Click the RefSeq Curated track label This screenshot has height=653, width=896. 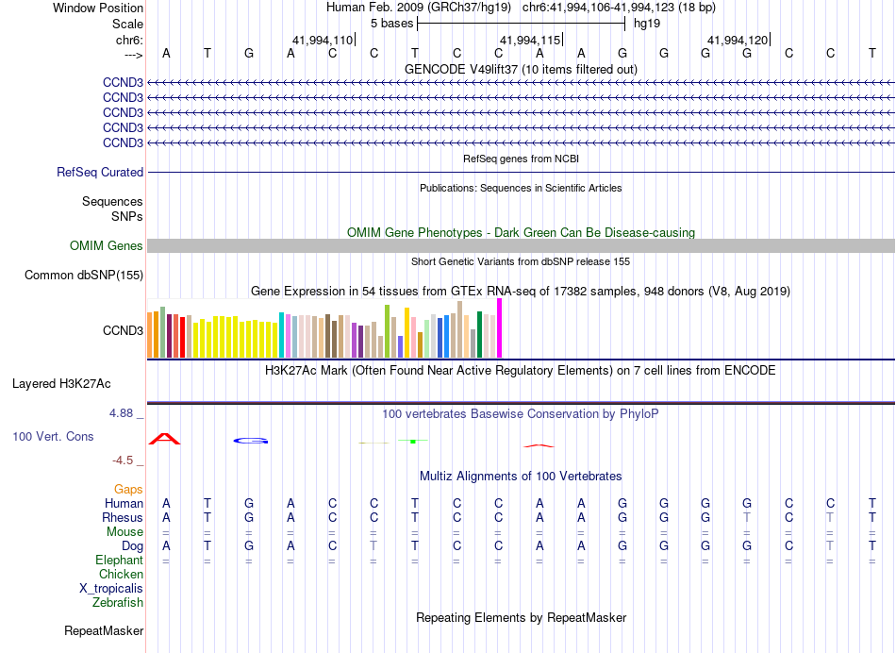coord(100,173)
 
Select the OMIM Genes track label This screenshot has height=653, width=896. coord(107,246)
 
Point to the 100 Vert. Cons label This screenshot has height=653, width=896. coord(53,437)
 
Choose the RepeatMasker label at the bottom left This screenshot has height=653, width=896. coord(104,630)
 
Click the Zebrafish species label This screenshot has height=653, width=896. coord(118,603)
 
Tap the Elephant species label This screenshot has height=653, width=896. coord(119,561)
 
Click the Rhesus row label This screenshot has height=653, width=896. coord(123,518)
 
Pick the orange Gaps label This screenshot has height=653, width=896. coord(128,490)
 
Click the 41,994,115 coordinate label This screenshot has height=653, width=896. coord(530,41)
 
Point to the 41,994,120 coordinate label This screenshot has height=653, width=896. coord(738,41)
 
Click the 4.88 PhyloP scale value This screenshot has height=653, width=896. coord(124,413)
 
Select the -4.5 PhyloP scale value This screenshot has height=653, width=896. coord(125,460)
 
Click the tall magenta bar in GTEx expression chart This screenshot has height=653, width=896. coord(500,328)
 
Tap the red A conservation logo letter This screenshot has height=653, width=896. coord(165,439)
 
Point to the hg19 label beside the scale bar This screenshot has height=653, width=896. coord(647,23)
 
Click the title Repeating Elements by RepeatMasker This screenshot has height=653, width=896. coord(522,618)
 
